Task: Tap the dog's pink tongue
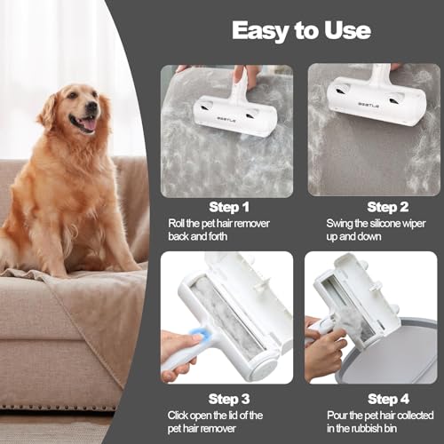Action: (86, 125)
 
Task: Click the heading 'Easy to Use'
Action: (301, 30)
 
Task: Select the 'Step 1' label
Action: (228, 207)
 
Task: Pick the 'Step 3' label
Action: (228, 398)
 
